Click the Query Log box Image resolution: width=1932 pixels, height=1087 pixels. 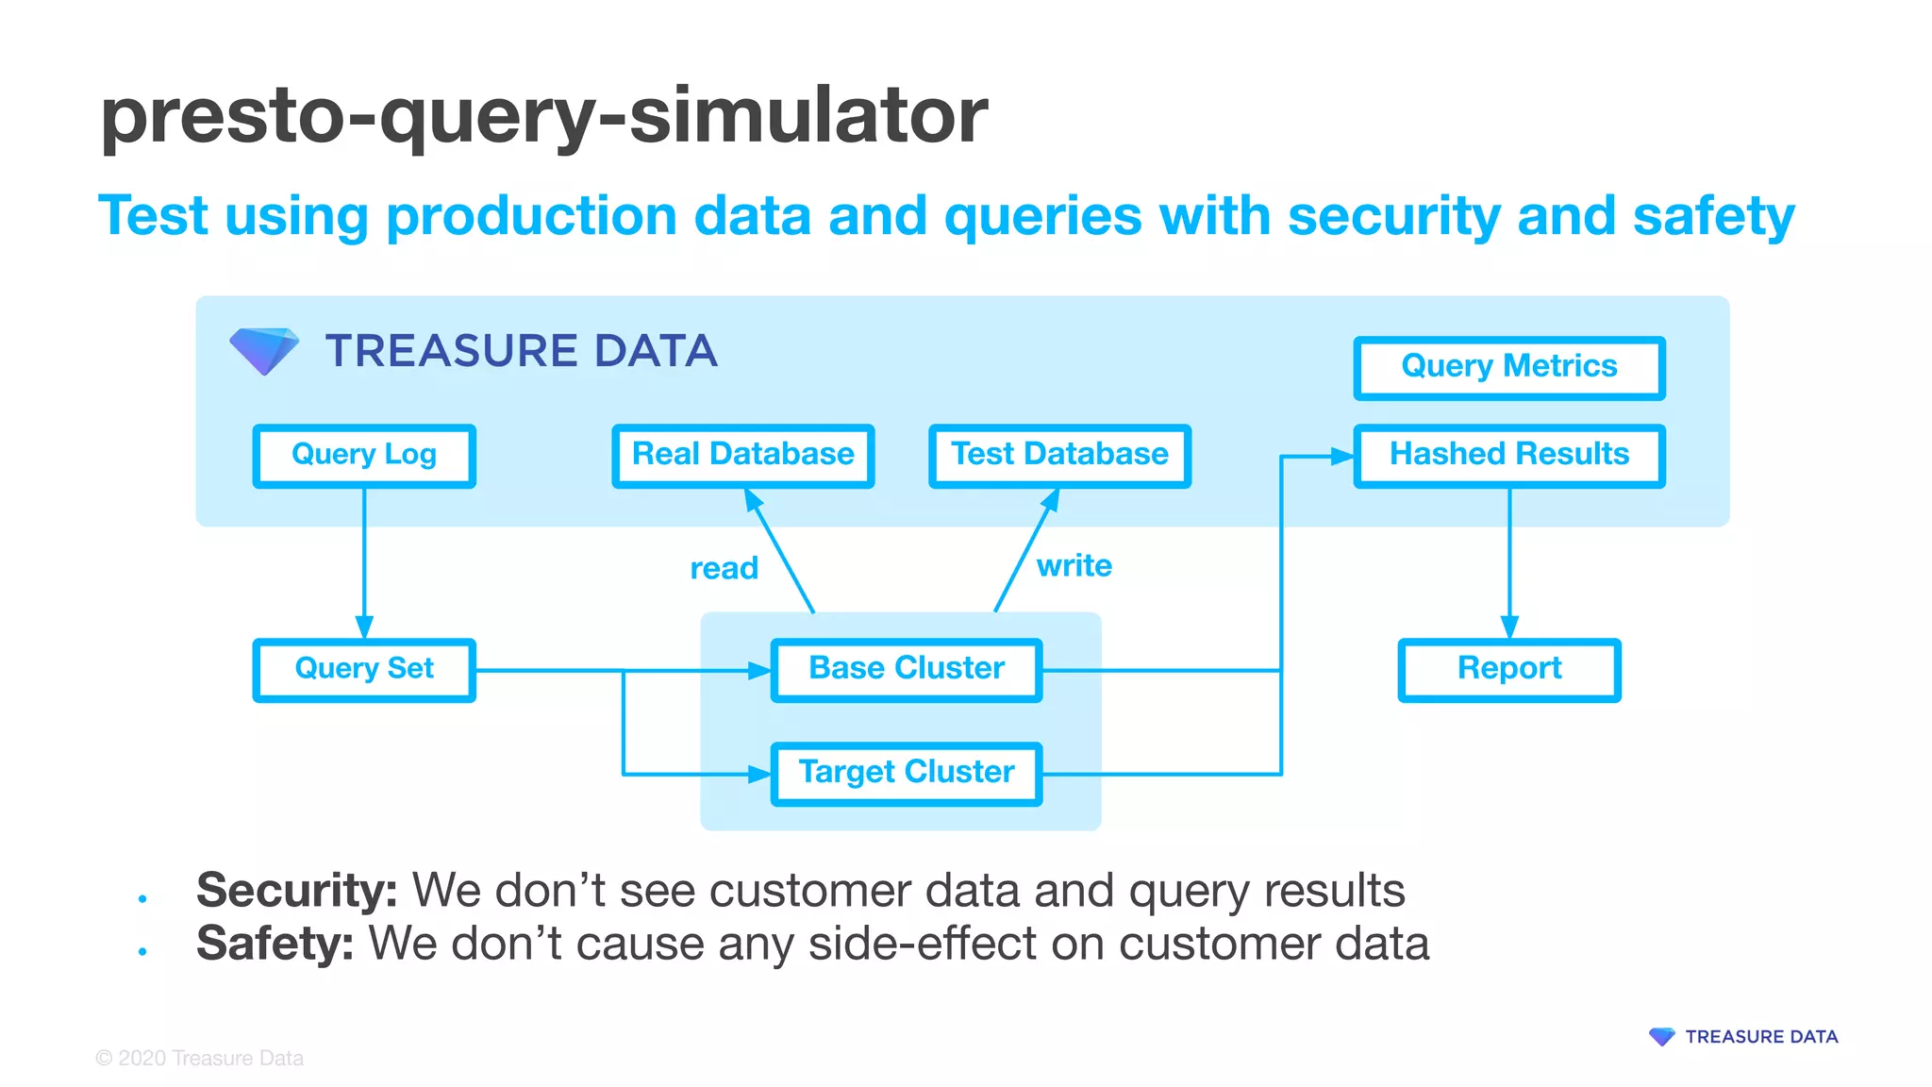(x=364, y=456)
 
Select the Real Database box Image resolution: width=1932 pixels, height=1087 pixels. (x=743, y=456)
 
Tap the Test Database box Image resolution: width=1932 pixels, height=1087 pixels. (x=1059, y=456)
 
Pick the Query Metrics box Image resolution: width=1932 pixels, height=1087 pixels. (x=1508, y=367)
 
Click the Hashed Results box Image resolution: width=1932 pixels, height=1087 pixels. (x=1508, y=456)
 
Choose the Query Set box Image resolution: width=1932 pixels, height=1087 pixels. (x=364, y=670)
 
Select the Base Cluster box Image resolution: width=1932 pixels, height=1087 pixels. (x=907, y=670)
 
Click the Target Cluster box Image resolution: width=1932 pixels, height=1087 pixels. (x=907, y=774)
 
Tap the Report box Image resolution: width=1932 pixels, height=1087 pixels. (x=1508, y=670)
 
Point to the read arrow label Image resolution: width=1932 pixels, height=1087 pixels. (x=724, y=568)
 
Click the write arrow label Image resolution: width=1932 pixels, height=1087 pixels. (x=1074, y=565)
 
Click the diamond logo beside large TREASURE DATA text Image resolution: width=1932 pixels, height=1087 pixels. (x=264, y=350)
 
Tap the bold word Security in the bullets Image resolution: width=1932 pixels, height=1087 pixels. (x=296, y=890)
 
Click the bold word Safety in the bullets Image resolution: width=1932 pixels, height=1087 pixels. (x=275, y=944)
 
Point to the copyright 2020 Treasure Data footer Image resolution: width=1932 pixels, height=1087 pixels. (x=200, y=1058)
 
